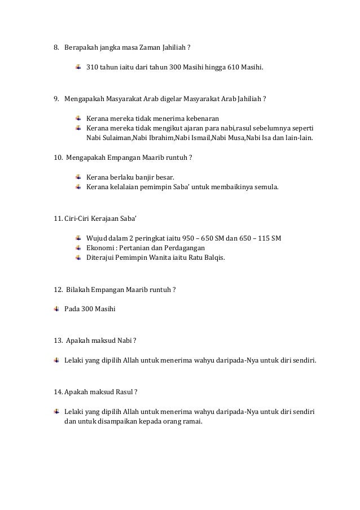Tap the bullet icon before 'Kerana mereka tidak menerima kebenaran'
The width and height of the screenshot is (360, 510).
tap(78, 118)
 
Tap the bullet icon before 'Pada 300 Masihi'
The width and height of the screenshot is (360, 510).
tap(56, 310)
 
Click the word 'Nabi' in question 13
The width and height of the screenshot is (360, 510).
tap(124, 340)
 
